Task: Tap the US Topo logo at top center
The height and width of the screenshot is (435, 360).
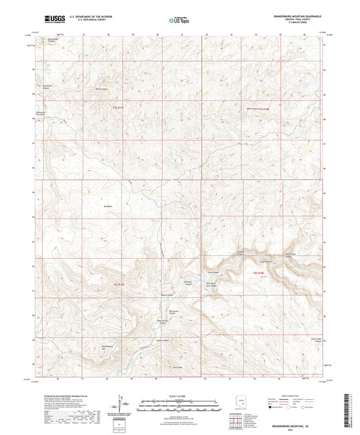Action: pos(179,20)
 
